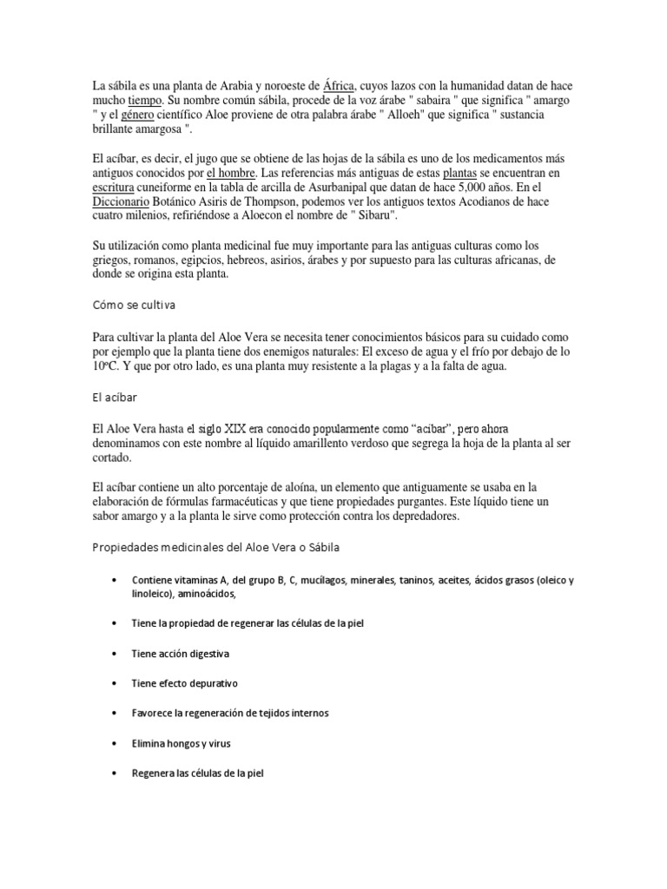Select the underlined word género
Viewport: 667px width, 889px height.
pos(139,115)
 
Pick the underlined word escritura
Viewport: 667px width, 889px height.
pos(118,187)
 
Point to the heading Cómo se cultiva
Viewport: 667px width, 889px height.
pos(135,305)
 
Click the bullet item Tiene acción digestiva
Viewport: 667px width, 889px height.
pos(181,652)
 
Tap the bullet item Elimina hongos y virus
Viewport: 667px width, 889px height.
pos(181,744)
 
